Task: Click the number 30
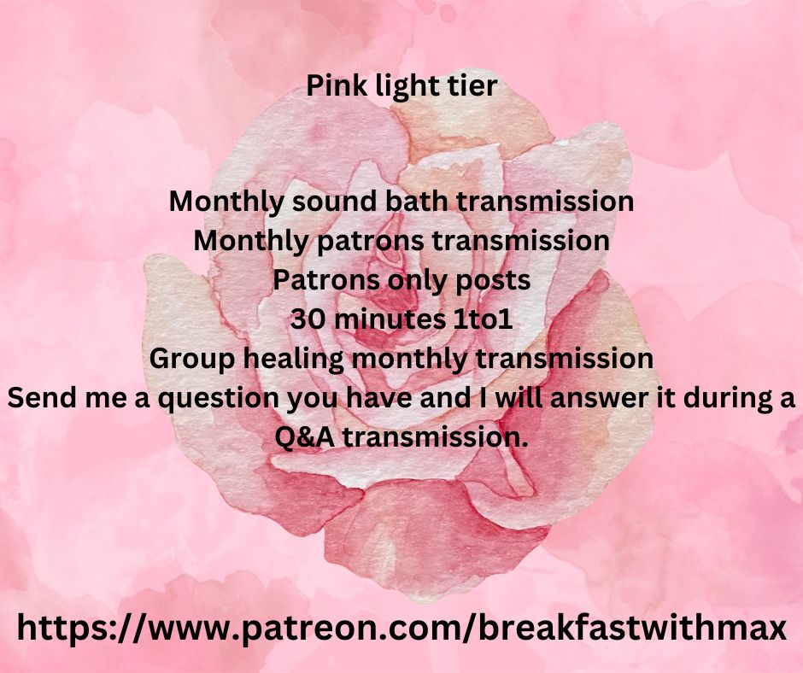(x=308, y=320)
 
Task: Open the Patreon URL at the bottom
(x=401, y=628)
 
